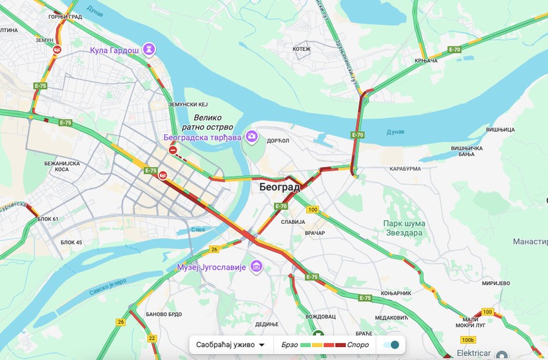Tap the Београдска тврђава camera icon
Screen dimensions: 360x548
251,137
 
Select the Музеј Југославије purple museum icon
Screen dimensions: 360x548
257,266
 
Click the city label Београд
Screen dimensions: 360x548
280,187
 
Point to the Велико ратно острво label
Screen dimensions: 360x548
208,123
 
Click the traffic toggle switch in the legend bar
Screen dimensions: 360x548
391,345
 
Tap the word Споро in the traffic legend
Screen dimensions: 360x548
358,345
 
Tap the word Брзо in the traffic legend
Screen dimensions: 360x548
289,345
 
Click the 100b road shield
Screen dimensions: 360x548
468,339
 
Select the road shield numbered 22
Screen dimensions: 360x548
152,337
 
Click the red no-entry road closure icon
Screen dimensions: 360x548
173,150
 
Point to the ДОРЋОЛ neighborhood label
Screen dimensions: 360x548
278,140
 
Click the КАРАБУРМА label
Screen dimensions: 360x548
405,168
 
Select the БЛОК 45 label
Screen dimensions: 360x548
71,242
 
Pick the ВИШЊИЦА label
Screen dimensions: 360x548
500,130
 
